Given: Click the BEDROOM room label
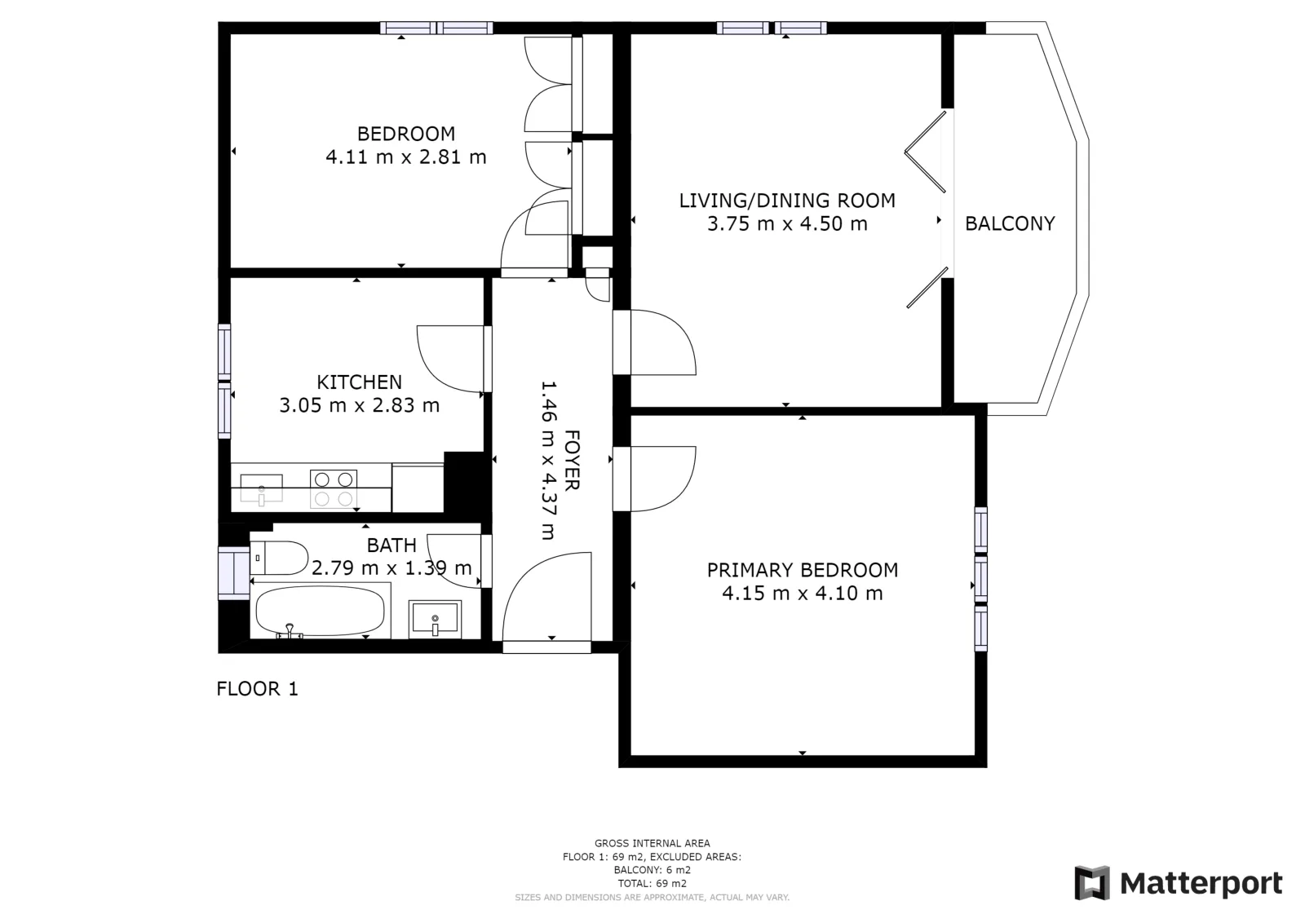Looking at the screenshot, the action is click(x=406, y=134).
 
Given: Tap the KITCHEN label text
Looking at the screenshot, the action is click(x=359, y=382).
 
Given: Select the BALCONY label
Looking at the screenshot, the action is click(x=1010, y=223).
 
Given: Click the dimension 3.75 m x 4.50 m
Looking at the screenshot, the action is click(x=787, y=223).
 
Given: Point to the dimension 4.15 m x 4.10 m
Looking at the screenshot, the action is click(x=803, y=593).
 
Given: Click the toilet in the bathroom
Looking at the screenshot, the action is click(x=279, y=558).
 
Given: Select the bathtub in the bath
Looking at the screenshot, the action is click(x=321, y=610).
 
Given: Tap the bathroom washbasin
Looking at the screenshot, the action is click(x=435, y=618).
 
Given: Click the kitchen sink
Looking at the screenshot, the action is click(x=262, y=488).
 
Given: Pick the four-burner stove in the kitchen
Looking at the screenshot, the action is click(x=334, y=489).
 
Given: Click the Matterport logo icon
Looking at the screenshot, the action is click(x=1092, y=883).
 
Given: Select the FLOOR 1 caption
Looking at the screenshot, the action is click(x=257, y=689).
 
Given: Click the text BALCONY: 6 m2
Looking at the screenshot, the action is click(x=652, y=870).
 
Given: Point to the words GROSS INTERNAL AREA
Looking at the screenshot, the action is click(x=652, y=843).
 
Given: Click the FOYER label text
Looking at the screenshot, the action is click(x=572, y=460).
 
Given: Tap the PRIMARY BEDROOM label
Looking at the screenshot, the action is click(x=803, y=569).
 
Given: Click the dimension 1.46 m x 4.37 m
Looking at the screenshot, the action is click(x=549, y=460).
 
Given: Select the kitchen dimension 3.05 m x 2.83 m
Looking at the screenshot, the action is click(x=359, y=405).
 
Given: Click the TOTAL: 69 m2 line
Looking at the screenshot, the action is click(x=652, y=883).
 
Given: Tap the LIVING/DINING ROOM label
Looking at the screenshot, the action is click(x=787, y=201).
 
